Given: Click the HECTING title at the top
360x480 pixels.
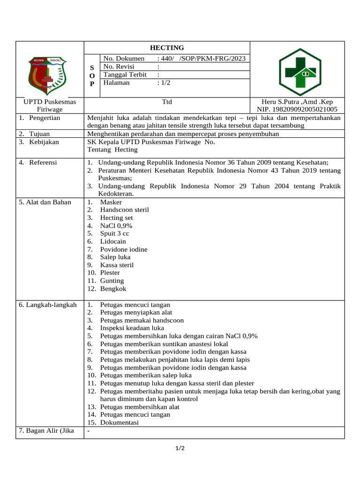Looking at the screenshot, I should click(166, 48).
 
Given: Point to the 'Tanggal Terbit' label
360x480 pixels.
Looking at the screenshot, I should click(125, 75).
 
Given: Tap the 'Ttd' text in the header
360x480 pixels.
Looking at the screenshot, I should click(167, 102).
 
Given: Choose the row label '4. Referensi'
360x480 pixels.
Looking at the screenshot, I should click(38, 162).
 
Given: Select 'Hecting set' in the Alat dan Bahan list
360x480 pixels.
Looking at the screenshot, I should click(116, 217).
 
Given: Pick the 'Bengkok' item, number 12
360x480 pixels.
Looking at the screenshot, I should click(113, 289).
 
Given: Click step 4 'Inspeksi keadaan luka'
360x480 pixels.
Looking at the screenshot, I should click(132, 328).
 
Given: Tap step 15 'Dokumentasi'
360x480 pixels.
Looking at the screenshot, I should click(119, 422).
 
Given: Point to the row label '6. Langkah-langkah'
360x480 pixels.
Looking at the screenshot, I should click(47, 305).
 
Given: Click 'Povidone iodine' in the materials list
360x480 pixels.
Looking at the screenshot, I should click(124, 249).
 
